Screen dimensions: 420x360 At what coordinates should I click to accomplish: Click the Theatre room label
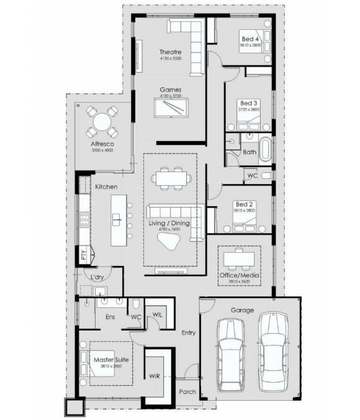[x=169, y=52]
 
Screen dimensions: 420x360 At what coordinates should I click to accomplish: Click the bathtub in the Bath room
[x=265, y=150]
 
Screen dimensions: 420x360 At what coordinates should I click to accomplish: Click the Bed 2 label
[x=242, y=204]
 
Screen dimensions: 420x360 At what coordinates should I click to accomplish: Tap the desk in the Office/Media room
[x=241, y=256]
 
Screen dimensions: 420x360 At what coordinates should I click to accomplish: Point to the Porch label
[x=187, y=392]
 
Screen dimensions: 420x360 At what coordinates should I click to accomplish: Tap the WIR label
[x=155, y=376]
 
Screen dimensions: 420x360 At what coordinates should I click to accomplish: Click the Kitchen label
[x=106, y=186]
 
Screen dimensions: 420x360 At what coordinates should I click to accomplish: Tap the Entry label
[x=188, y=333]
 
